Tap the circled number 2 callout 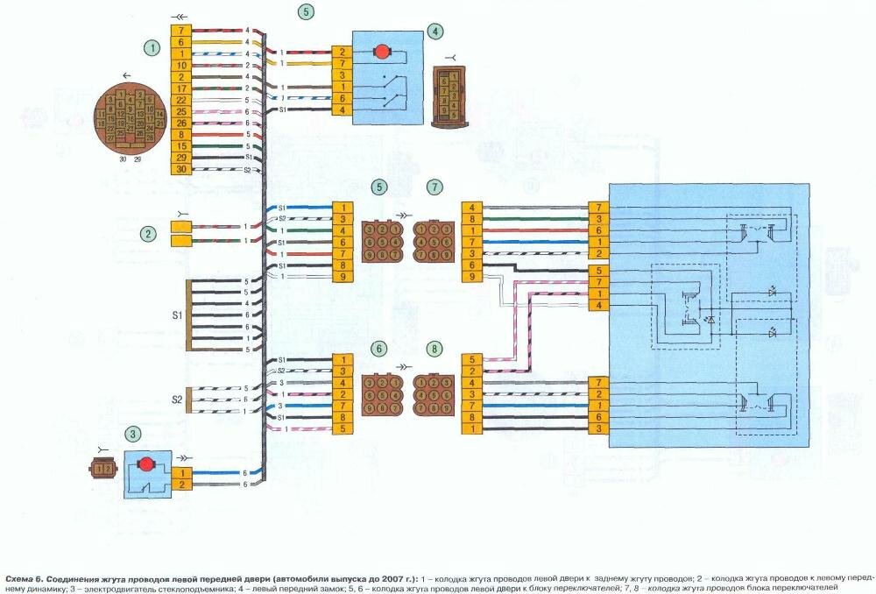pyautogui.click(x=150, y=233)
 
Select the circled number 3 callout pyautogui.click(x=132, y=433)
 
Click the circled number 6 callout pyautogui.click(x=378, y=348)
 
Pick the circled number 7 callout pyautogui.click(x=435, y=187)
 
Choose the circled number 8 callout pyautogui.click(x=435, y=348)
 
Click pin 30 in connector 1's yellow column pyautogui.click(x=181, y=169)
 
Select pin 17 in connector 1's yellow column pyautogui.click(x=181, y=88)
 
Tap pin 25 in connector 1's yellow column pyautogui.click(x=181, y=111)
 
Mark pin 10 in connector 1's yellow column pyautogui.click(x=181, y=66)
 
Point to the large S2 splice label pyautogui.click(x=176, y=400)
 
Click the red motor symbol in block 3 pyautogui.click(x=146, y=462)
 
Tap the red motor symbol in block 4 pyautogui.click(x=382, y=52)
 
